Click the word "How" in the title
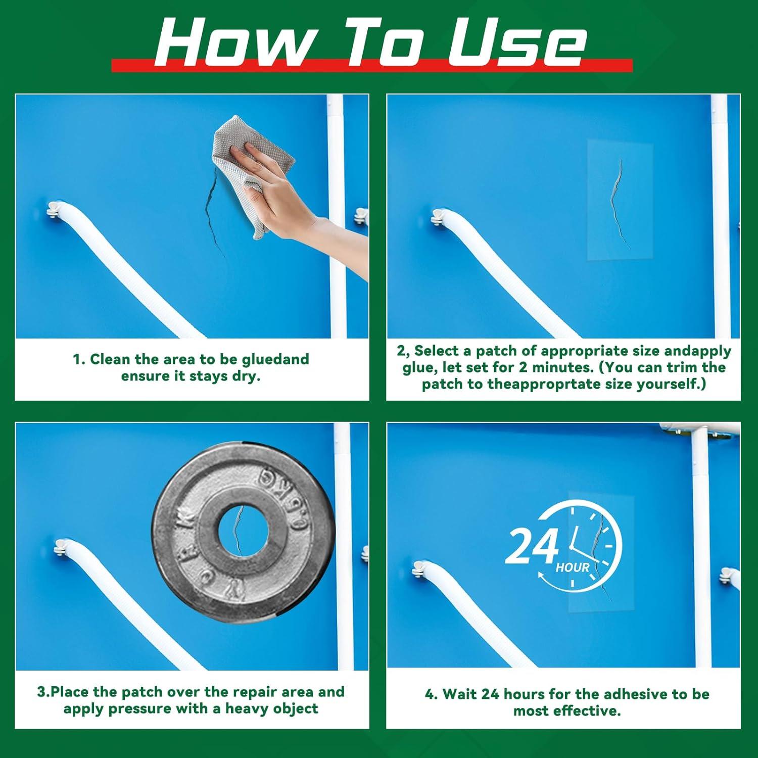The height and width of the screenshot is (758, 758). pos(230,43)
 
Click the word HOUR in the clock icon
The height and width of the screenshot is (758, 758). pos(573,567)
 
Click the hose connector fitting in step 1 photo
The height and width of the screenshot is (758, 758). pos(55,207)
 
